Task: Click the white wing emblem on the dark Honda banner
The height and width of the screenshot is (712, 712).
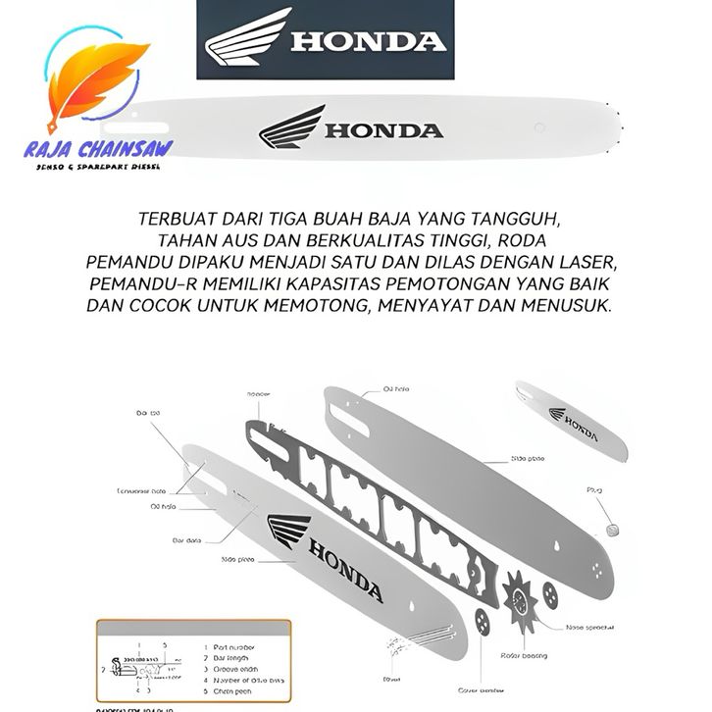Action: coord(246,38)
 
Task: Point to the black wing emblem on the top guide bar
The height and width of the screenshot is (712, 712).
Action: coord(292,127)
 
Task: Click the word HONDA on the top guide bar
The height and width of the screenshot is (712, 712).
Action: coord(383,131)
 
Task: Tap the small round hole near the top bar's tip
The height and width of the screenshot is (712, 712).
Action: coord(538,127)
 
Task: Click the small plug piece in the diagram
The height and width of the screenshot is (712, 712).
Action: coord(614,529)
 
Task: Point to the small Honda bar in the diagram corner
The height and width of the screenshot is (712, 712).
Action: coord(572,420)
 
